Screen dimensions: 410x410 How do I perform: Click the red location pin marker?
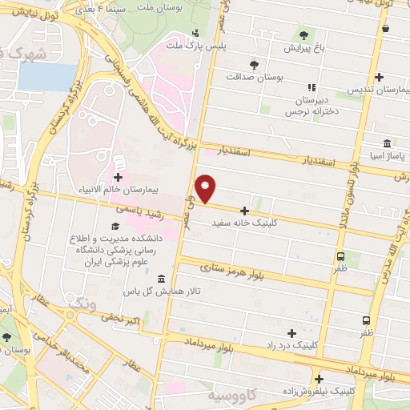point(207,187)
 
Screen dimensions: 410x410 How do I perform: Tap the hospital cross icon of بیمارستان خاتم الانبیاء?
point(119,177)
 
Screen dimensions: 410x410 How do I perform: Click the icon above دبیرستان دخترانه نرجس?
point(312,88)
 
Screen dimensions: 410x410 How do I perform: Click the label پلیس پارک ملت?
point(197,46)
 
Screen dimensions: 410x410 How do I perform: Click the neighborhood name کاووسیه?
point(232,397)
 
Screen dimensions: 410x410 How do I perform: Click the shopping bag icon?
point(386,29)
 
